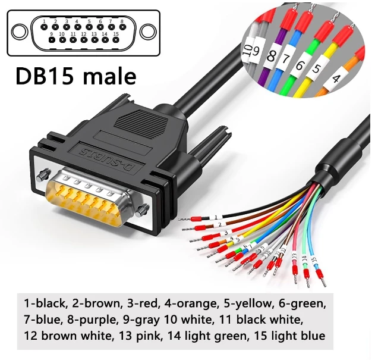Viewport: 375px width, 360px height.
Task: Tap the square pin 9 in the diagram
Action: [51, 40]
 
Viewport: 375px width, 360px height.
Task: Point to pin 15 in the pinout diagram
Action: [116, 40]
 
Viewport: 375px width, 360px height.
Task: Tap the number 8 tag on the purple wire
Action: [273, 58]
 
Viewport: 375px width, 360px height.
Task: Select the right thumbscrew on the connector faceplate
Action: [141, 209]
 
